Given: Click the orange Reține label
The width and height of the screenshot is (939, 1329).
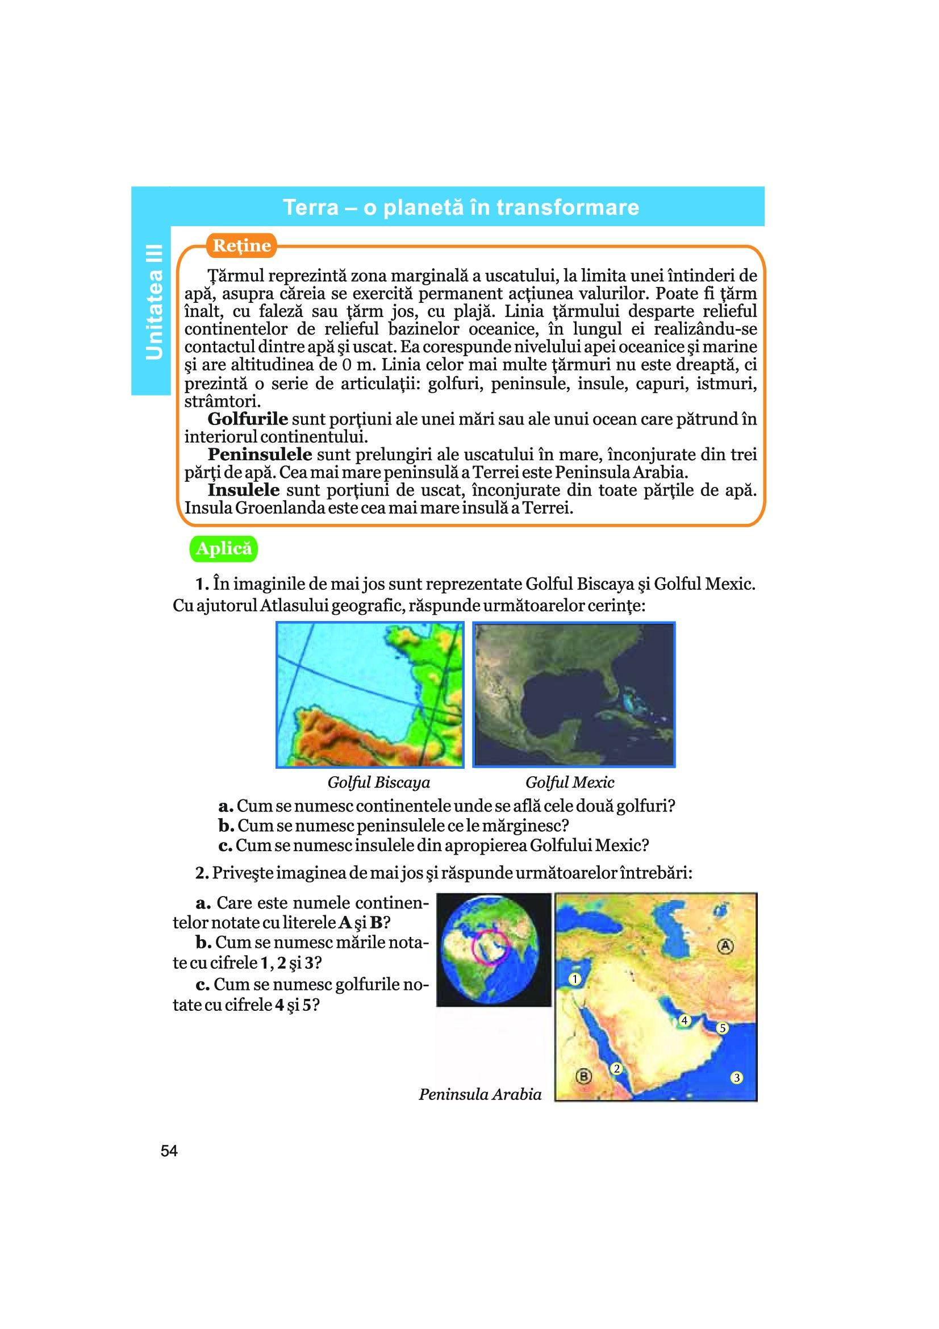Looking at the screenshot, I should [241, 245].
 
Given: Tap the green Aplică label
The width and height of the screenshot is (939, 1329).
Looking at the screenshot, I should [224, 548].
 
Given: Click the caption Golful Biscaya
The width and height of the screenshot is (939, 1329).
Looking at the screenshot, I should [378, 782].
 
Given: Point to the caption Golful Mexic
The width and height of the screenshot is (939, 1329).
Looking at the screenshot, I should [569, 782].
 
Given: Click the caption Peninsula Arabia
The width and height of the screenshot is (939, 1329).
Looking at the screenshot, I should [480, 1094].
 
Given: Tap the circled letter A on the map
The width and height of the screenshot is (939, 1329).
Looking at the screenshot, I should [725, 947].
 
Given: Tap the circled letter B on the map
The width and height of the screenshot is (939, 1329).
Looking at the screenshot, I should [584, 1077].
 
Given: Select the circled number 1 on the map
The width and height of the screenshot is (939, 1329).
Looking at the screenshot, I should [574, 979].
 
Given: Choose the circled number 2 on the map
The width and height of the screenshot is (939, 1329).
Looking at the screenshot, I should [617, 1069].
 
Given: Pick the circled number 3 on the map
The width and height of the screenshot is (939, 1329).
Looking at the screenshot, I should [737, 1078].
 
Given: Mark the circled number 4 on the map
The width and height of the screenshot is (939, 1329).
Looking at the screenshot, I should [685, 1020].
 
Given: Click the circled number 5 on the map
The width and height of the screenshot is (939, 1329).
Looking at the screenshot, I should [722, 1028].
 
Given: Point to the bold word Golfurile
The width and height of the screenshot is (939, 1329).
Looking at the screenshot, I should [248, 419].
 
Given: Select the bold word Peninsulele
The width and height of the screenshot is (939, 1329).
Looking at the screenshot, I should [260, 455].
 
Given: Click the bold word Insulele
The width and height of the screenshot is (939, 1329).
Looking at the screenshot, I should [244, 490].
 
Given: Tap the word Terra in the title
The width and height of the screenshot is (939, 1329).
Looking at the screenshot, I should [310, 207].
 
